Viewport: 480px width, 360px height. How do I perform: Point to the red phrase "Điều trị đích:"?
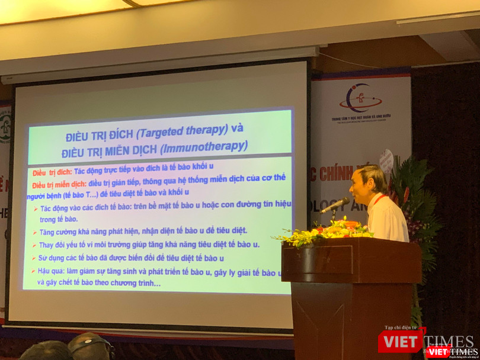pyautogui.click(x=52, y=172)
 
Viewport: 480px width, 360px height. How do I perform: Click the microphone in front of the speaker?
pyautogui.click(x=335, y=205)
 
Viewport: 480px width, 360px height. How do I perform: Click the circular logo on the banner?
pyautogui.click(x=362, y=97)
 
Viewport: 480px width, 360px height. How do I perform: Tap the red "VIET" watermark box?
pyautogui.click(x=401, y=341)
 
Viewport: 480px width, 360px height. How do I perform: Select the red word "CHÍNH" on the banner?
pyautogui.click(x=337, y=174)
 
